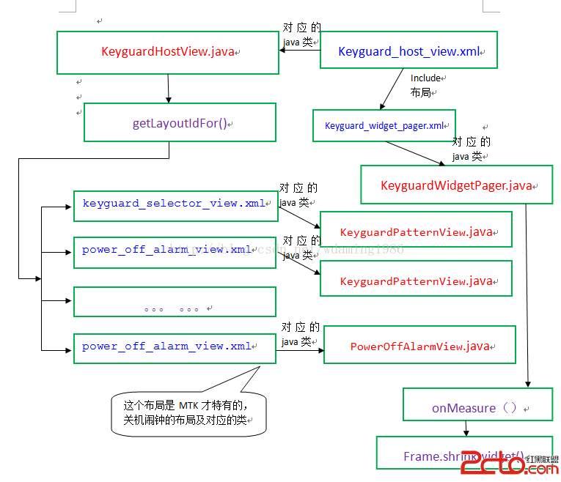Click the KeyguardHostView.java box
168,52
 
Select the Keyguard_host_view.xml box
408,51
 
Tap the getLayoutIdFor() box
180,122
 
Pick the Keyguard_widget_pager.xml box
384,125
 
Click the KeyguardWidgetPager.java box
456,185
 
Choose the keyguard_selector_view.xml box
175,204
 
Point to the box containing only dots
175,302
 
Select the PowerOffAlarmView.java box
419,346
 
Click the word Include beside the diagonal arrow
425,78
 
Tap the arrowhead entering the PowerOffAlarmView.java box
320,349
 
